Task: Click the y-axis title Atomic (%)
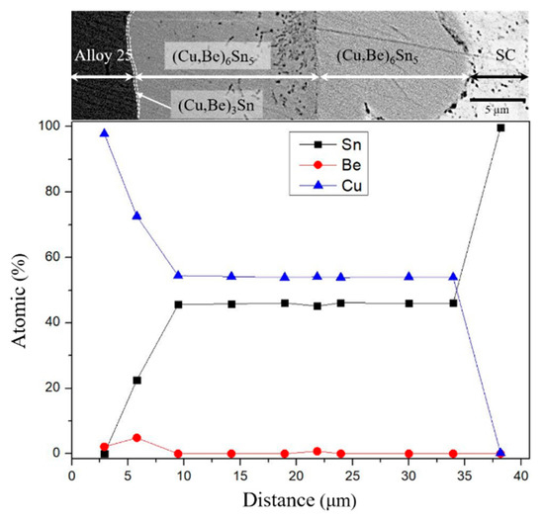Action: coord(17,289)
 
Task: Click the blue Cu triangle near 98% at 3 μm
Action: coord(104,132)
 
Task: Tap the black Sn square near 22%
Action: coord(136,380)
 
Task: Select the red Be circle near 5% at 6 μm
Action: coord(136,437)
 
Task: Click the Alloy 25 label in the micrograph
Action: coord(102,55)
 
